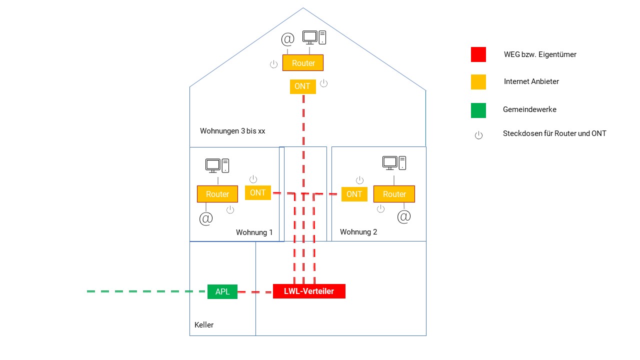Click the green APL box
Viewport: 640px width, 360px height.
[x=222, y=291]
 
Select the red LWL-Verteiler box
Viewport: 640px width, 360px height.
[x=309, y=291]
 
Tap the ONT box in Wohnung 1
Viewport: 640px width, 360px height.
[x=258, y=192]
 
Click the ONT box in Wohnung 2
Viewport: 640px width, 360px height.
[x=354, y=194]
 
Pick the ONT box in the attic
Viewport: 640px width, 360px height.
[x=302, y=86]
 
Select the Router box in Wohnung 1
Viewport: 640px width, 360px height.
[x=217, y=194]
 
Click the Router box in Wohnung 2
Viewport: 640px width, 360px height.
[x=394, y=194]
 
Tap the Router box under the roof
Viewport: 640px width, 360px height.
[x=303, y=63]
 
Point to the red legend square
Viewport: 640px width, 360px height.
[x=478, y=54]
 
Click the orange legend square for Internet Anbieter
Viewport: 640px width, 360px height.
[x=478, y=81]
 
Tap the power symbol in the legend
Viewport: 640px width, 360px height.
[x=478, y=135]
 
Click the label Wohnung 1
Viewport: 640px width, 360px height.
[x=254, y=232]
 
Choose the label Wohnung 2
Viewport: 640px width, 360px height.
[x=358, y=232]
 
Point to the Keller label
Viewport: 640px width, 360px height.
[x=204, y=325]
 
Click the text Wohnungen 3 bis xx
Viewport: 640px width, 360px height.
[x=232, y=131]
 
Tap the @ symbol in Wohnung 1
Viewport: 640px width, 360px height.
[x=206, y=219]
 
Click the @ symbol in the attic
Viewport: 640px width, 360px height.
[x=287, y=39]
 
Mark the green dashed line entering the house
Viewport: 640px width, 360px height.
[x=145, y=291]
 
